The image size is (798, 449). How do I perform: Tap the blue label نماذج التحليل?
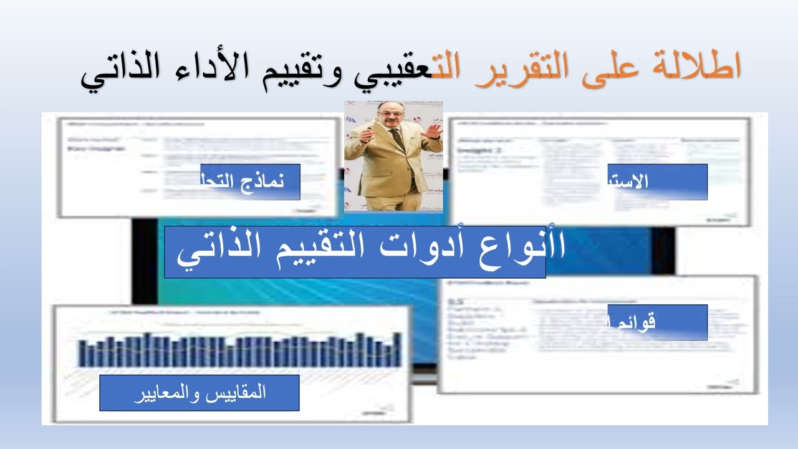click(x=250, y=181)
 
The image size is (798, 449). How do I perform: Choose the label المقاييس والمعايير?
click(x=199, y=393)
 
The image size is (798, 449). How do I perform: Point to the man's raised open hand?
click(x=431, y=131)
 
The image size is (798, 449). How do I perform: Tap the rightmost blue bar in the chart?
click(x=397, y=350)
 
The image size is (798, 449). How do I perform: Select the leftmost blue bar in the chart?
click(x=83, y=353)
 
